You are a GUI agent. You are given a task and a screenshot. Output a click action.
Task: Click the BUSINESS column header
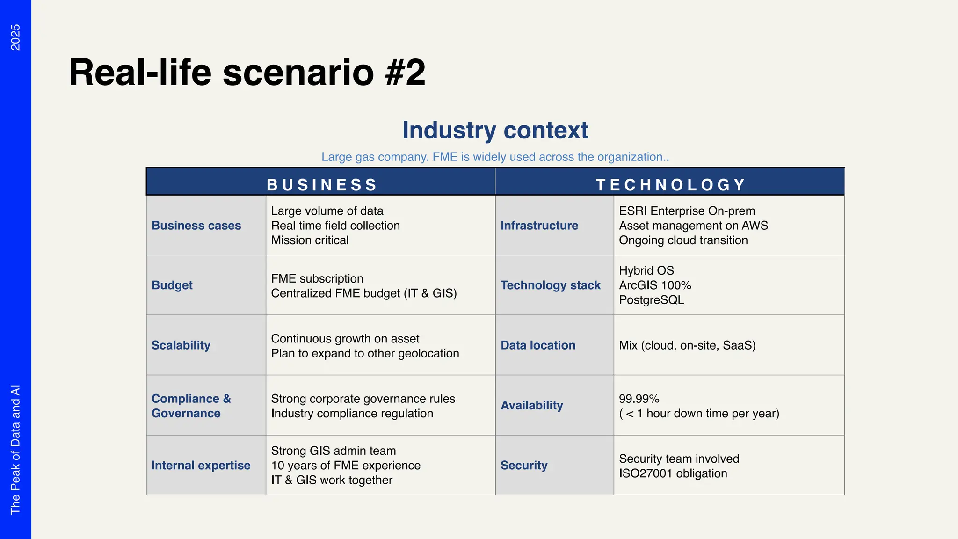(321, 184)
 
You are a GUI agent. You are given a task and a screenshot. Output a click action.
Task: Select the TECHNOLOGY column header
(670, 184)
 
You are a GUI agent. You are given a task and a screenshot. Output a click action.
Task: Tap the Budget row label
(172, 285)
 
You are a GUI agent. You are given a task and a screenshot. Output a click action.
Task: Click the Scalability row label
(181, 345)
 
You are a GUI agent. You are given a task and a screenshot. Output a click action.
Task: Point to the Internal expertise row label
(201, 465)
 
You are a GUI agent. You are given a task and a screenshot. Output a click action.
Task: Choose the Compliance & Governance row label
(191, 406)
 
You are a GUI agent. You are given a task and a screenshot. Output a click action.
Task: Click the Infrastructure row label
(539, 225)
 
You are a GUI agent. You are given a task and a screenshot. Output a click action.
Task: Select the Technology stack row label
(551, 285)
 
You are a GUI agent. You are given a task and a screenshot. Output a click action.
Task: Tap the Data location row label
(538, 345)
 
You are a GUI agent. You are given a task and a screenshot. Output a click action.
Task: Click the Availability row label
(532, 405)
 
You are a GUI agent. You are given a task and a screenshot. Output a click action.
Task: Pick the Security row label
(524, 465)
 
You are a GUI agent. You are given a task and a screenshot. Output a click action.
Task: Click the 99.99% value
(639, 399)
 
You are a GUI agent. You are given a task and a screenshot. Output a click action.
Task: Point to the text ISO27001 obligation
(673, 473)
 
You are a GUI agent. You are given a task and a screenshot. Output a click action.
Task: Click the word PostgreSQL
(652, 299)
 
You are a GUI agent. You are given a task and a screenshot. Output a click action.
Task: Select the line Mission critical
(310, 240)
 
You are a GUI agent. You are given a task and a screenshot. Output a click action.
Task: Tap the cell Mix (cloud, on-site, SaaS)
(687, 345)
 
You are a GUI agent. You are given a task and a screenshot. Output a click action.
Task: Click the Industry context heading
(495, 130)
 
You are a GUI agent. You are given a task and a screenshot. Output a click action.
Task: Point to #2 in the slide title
(406, 73)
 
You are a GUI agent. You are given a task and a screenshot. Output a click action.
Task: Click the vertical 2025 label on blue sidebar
(15, 37)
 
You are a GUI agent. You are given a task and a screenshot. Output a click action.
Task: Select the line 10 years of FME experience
(346, 465)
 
